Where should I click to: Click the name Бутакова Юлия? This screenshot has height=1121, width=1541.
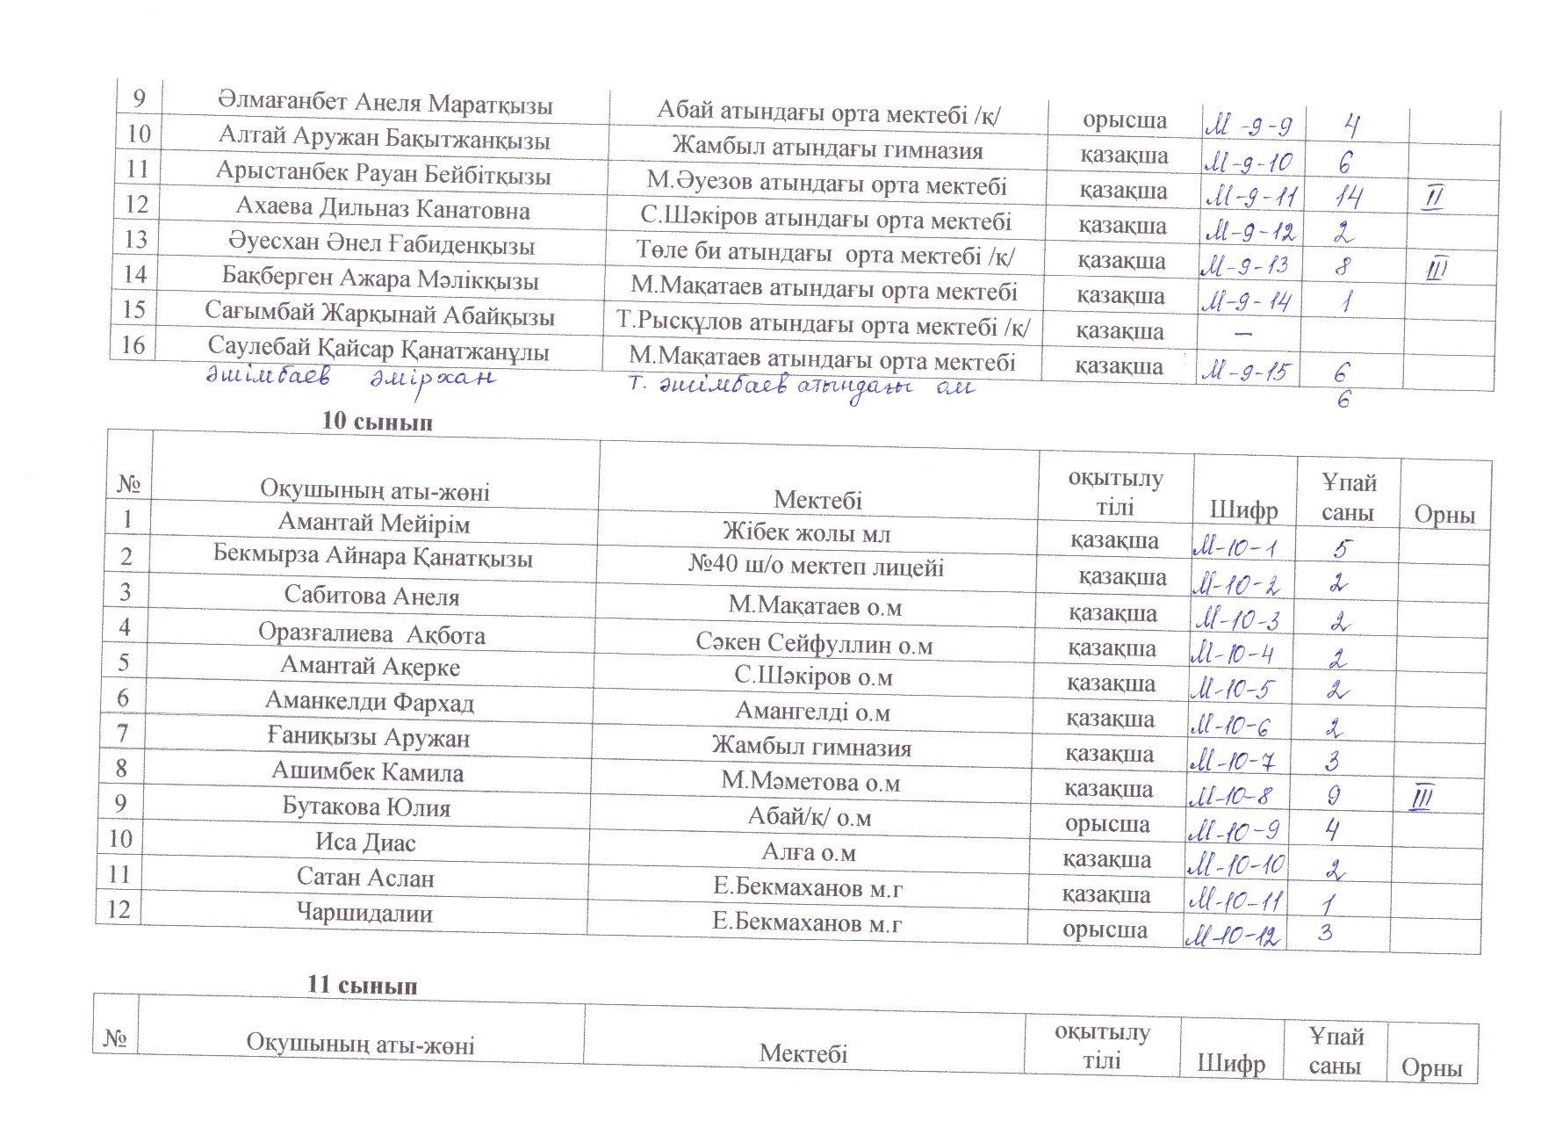[x=366, y=806]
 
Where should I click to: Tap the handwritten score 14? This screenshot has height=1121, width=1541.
[x=1344, y=199]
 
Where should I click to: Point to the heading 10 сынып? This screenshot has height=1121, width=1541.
[x=378, y=422]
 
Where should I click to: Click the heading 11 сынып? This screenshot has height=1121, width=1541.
[x=362, y=986]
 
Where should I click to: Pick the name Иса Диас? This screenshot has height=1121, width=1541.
[x=365, y=843]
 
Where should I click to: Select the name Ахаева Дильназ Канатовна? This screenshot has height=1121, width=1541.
[x=383, y=210]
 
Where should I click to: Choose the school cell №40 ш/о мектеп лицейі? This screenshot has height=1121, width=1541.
[x=816, y=567]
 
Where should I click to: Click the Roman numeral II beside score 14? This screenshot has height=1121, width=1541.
[x=1432, y=199]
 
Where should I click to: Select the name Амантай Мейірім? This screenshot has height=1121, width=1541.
[x=374, y=524]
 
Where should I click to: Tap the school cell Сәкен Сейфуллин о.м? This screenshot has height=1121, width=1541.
[x=814, y=645]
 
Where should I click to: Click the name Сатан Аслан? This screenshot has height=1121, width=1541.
[x=365, y=878]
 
